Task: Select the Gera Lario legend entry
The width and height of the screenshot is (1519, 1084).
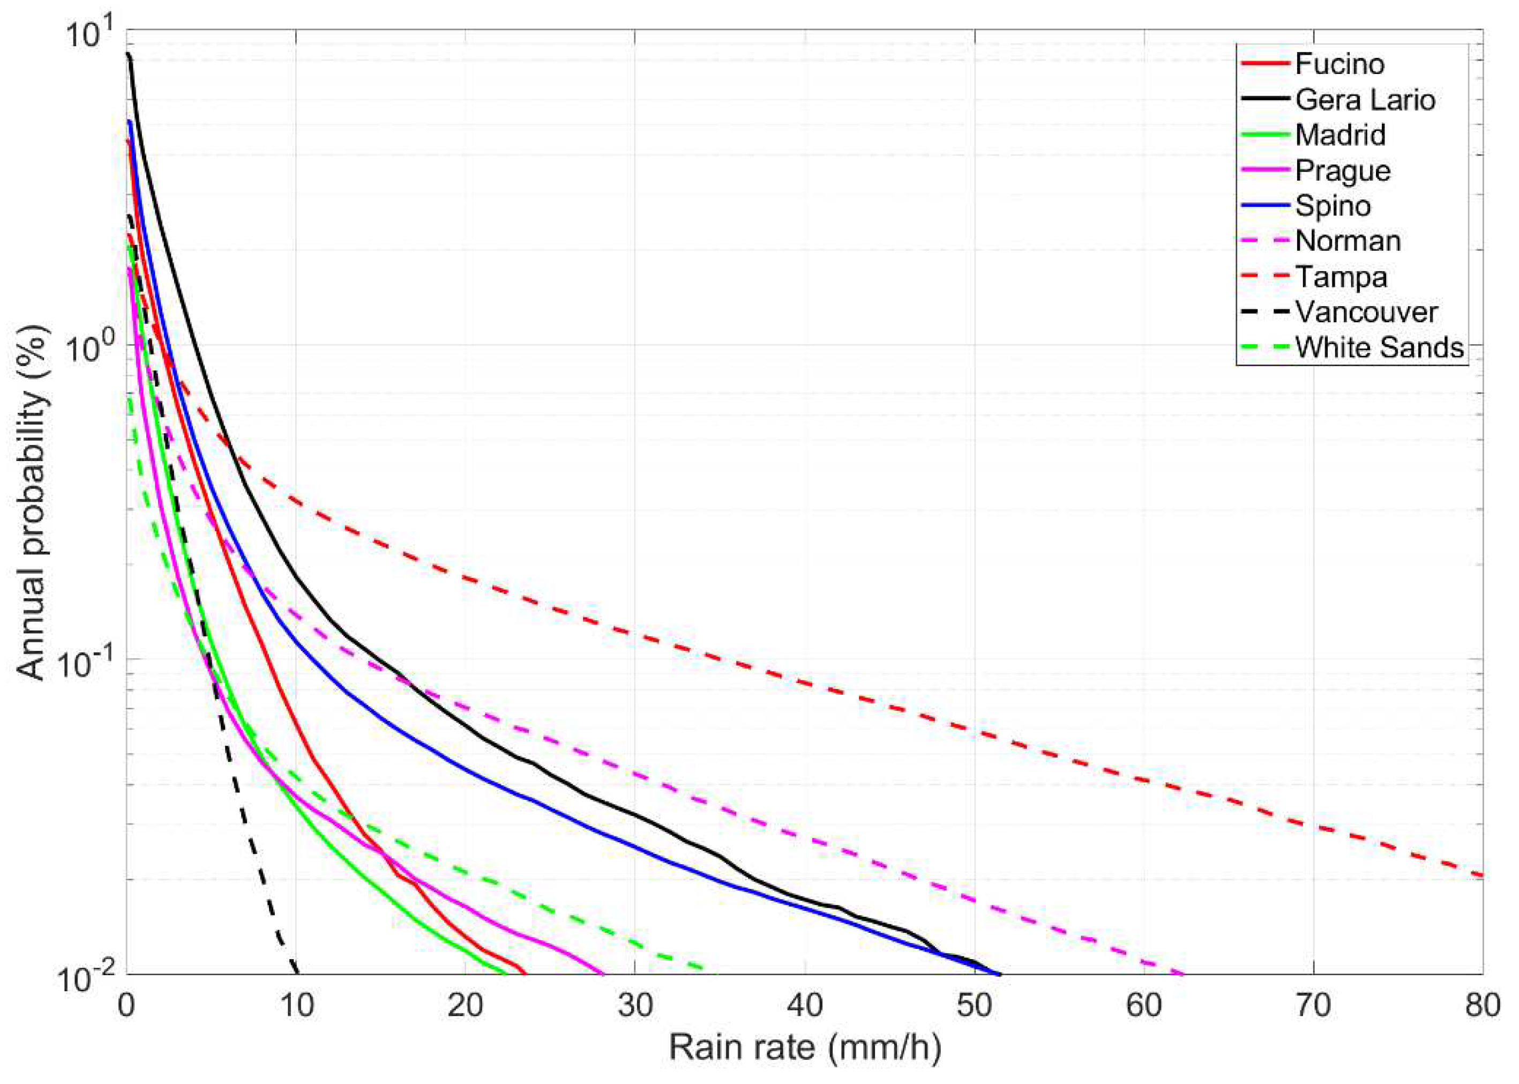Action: click(x=1365, y=100)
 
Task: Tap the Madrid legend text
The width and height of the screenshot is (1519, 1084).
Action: click(x=1340, y=135)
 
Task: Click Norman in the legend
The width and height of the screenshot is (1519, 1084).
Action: click(x=1348, y=241)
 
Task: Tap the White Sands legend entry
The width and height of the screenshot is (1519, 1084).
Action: click(x=1379, y=348)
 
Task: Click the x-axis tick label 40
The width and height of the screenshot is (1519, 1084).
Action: click(x=805, y=1005)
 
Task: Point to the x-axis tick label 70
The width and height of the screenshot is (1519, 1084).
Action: click(x=1314, y=1005)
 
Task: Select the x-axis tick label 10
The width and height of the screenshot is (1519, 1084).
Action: click(x=296, y=1005)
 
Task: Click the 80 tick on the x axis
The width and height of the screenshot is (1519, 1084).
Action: click(x=1483, y=1005)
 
